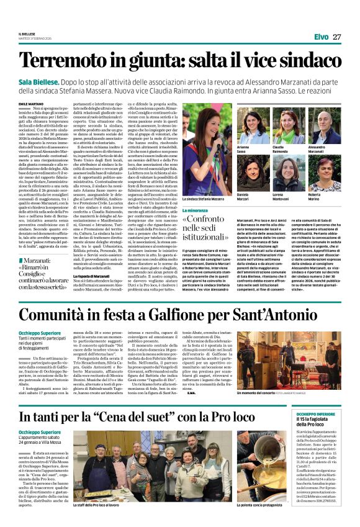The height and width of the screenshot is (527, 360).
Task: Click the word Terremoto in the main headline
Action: [66, 60]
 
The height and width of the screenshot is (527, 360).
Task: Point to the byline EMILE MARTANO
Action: [32, 104]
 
